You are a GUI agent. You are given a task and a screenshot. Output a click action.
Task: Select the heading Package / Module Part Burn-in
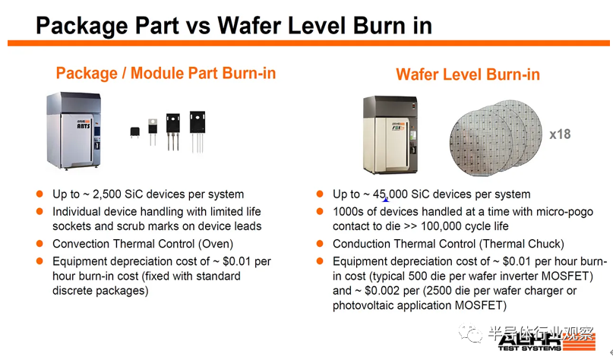166,73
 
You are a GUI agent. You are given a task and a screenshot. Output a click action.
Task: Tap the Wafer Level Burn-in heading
468,74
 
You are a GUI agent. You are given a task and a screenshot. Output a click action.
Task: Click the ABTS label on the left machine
84,126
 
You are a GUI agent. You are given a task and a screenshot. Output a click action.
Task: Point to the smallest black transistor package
135,132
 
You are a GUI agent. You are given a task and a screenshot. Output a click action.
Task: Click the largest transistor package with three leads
197,131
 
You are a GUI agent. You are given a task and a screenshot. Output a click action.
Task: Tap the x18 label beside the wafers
560,134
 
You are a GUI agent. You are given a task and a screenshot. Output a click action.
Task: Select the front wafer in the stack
481,143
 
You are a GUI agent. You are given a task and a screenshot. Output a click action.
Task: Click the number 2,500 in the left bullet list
107,194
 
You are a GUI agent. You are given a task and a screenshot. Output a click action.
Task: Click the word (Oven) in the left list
216,244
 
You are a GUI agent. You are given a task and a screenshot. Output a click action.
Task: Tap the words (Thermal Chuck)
522,244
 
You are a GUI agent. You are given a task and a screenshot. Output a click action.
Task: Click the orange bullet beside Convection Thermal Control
39,244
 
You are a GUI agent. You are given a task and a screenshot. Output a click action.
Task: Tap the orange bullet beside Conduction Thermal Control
320,244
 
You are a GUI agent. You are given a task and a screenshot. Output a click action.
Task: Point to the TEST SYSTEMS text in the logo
529,348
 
